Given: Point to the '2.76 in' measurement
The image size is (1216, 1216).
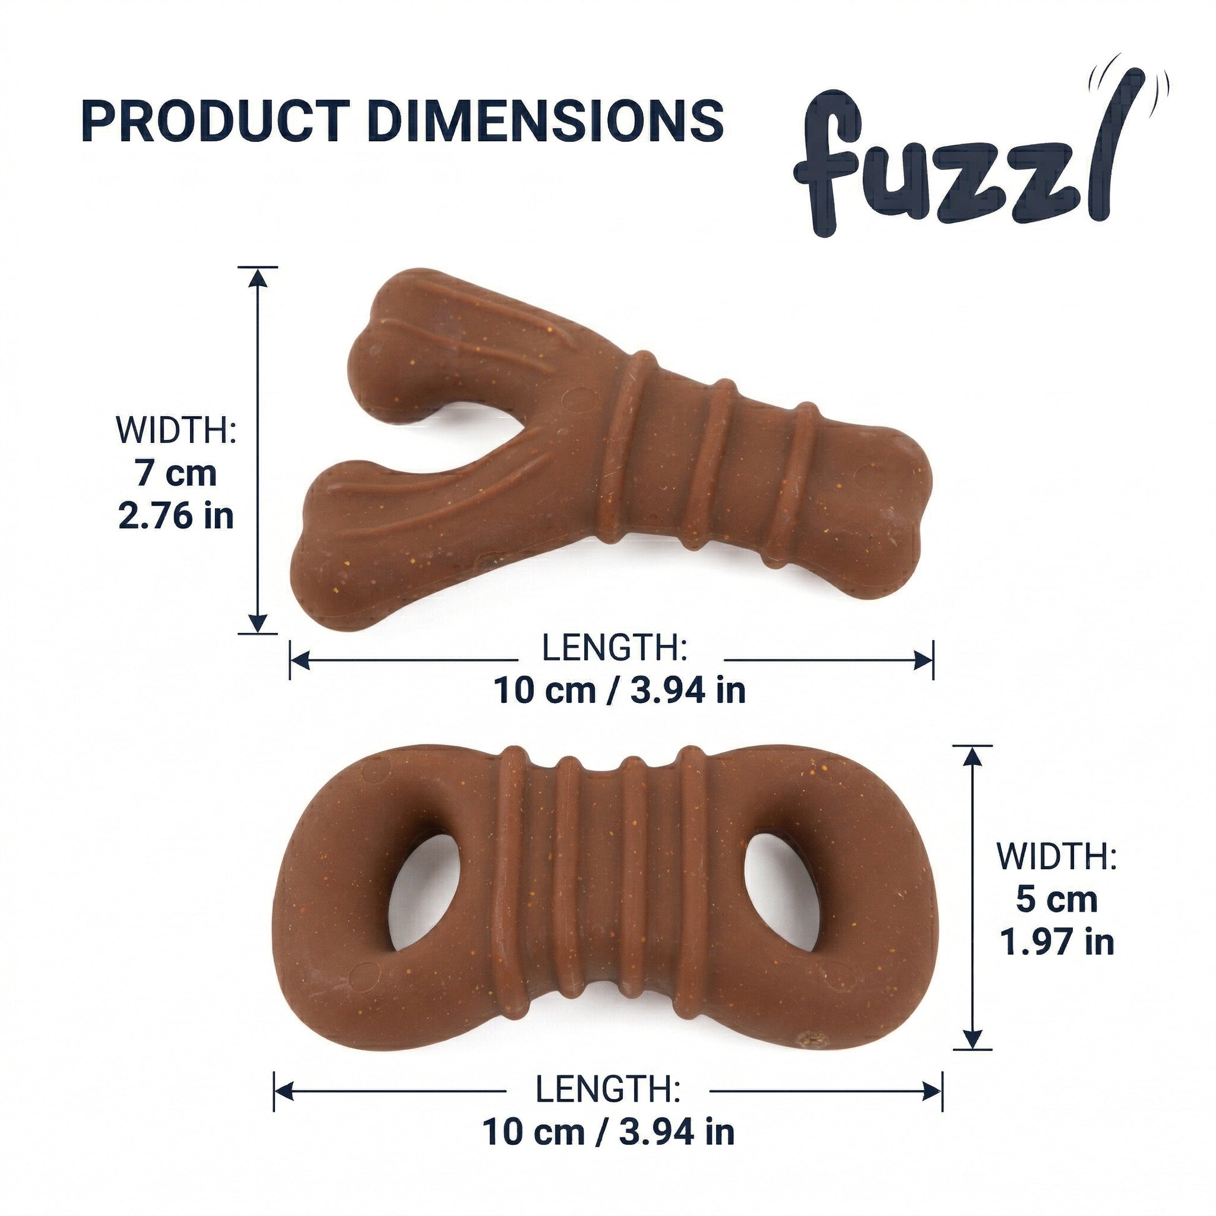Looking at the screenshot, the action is [176, 516].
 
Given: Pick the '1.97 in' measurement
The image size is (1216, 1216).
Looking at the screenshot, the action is [1057, 942].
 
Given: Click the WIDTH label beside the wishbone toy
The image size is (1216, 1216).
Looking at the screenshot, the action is [176, 430].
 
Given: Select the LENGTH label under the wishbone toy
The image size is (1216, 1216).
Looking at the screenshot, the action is [614, 648].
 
